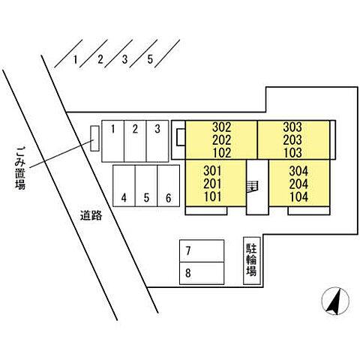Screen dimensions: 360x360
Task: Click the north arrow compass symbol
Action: coord(335,301)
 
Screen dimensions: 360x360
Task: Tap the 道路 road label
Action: coord(91,215)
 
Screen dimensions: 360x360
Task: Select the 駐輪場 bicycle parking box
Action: coord(252,261)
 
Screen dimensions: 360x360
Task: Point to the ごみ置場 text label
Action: coord(20,168)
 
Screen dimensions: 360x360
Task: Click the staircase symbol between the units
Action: coord(252,186)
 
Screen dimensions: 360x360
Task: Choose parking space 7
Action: coord(202,250)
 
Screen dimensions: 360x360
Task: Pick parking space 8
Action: coord(202,273)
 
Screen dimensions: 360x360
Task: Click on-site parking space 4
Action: coord(124,186)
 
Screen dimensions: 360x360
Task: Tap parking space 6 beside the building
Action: coord(169,186)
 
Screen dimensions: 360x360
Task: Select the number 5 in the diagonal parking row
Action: coord(150,59)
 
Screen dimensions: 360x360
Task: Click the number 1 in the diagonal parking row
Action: coord(75,60)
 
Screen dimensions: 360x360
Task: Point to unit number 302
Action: coord(221,127)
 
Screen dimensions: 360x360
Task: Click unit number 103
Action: coord(292,153)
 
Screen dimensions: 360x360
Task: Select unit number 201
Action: coord(212,184)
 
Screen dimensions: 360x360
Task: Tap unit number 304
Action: coord(298,171)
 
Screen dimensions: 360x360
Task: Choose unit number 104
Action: coord(299,196)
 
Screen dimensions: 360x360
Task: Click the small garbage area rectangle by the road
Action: coord(94,138)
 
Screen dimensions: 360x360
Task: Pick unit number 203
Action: coord(292,139)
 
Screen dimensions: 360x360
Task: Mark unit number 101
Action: coord(213,196)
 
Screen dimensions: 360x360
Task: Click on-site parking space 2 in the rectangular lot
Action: coord(135,141)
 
